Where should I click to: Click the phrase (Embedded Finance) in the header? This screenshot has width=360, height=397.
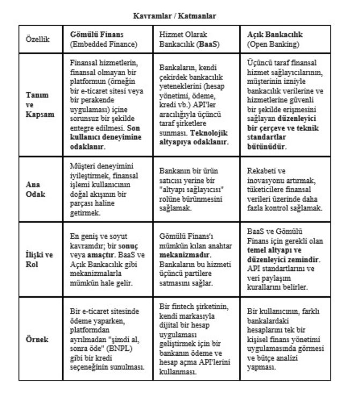pyautogui.click(x=104, y=45)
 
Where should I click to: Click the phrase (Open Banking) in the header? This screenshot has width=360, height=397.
pyautogui.click(x=273, y=45)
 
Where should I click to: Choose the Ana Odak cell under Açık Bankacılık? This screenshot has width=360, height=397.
pyautogui.click(x=284, y=189)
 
